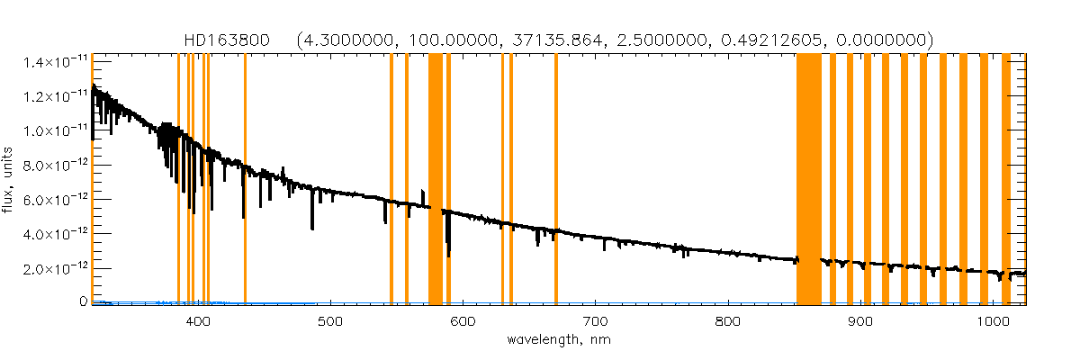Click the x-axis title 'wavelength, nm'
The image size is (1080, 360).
(x=558, y=339)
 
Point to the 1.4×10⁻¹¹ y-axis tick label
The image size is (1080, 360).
(x=49, y=61)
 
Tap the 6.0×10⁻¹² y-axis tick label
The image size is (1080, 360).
(x=49, y=200)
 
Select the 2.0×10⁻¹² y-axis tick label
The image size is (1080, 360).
(x=49, y=269)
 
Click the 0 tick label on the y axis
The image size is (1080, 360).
(x=82, y=302)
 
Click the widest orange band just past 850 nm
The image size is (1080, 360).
(x=808, y=180)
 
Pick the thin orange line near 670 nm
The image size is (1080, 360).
(x=556, y=180)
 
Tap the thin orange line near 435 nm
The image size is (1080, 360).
(x=245, y=180)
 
